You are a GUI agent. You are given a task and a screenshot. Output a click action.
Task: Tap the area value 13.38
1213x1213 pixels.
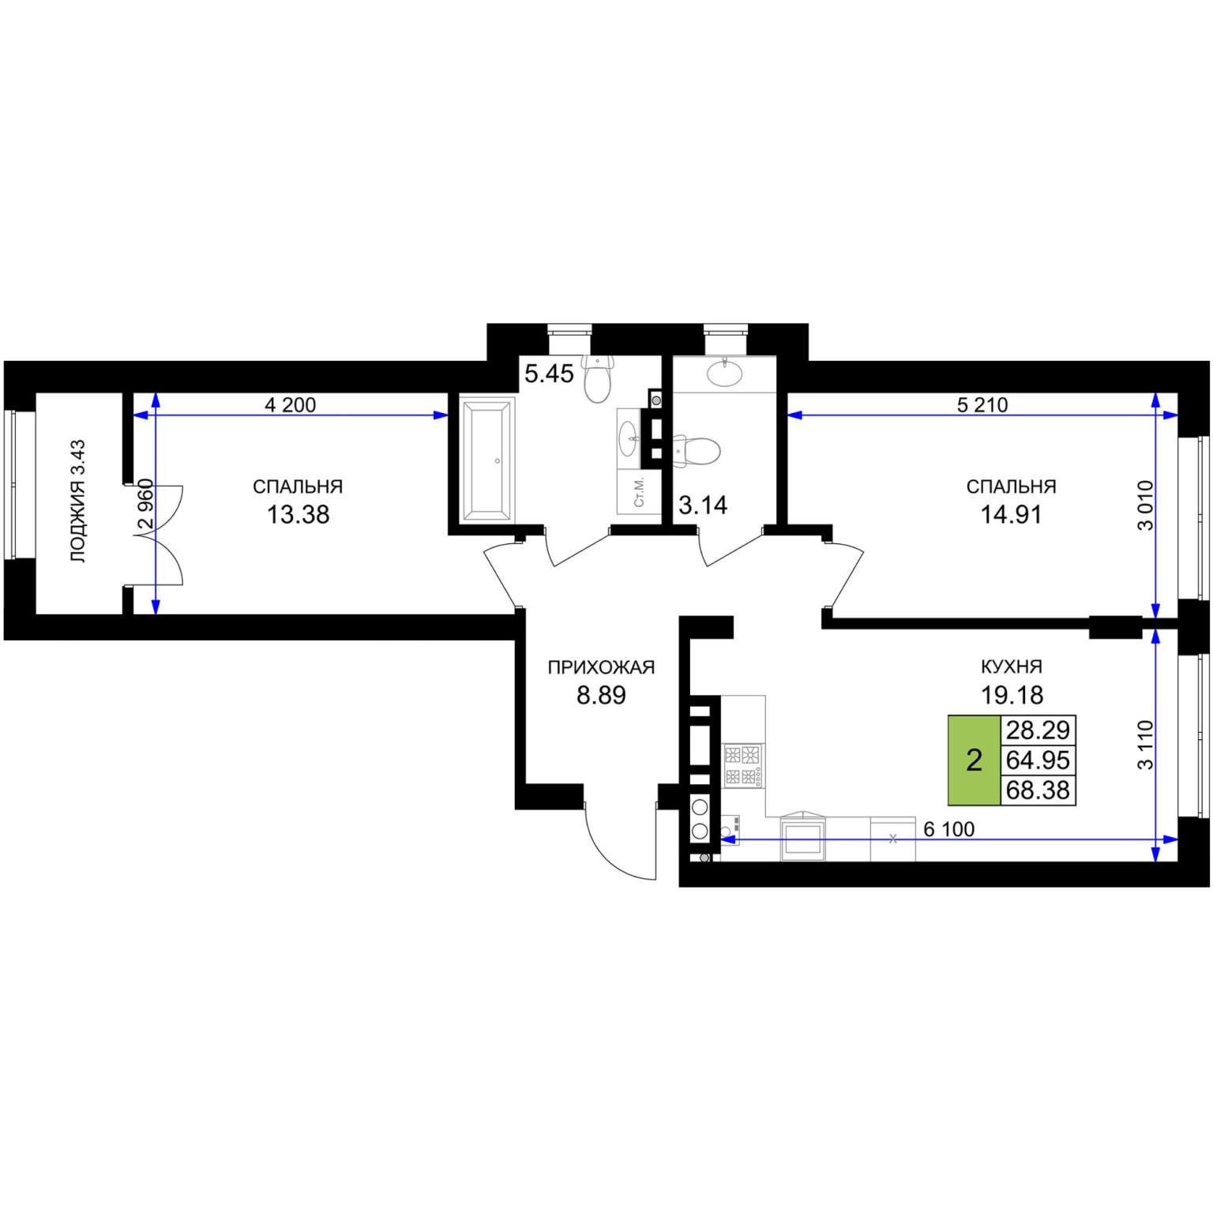(x=298, y=515)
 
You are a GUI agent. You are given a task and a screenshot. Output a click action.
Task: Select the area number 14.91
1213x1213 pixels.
(x=1011, y=515)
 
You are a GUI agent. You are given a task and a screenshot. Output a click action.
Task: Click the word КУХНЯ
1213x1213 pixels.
(x=1012, y=667)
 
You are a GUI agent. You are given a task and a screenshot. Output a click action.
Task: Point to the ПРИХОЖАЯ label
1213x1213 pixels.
(x=601, y=668)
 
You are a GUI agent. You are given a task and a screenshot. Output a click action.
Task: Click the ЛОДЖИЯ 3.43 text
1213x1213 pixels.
(x=78, y=501)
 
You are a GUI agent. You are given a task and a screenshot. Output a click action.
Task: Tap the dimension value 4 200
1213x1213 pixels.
(x=290, y=405)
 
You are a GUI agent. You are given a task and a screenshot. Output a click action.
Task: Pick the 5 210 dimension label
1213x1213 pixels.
(x=982, y=405)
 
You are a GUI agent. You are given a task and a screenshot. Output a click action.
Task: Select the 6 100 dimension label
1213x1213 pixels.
(x=948, y=829)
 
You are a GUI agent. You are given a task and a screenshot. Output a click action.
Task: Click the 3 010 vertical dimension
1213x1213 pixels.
(x=1145, y=505)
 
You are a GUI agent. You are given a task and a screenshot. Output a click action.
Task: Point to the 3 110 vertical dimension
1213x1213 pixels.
(x=1145, y=745)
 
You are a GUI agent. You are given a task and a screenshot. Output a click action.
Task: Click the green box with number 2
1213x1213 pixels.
(x=975, y=760)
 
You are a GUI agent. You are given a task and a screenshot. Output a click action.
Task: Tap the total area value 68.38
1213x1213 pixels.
(x=1038, y=790)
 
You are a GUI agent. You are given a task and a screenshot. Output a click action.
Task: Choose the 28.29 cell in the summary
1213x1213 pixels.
(x=1038, y=730)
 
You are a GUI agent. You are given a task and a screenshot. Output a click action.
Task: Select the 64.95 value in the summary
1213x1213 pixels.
(x=1038, y=760)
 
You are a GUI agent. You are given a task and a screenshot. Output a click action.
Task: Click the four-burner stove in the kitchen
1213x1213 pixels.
(x=743, y=765)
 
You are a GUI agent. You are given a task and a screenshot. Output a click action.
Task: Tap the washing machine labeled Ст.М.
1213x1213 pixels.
(x=640, y=492)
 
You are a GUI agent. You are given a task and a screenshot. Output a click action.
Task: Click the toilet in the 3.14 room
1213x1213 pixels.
(x=697, y=450)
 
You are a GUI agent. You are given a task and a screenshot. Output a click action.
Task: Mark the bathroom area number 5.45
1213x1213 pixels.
(x=549, y=374)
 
